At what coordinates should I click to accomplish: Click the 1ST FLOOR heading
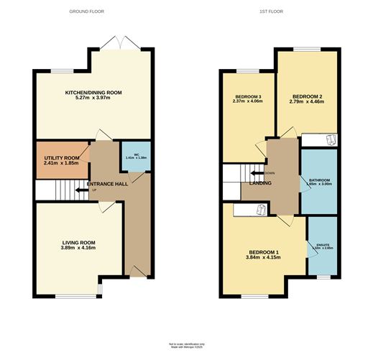pyautogui.click(x=277, y=12)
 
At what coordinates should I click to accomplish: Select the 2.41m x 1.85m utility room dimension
pyautogui.click(x=60, y=164)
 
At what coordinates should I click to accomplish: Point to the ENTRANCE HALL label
pyautogui.click(x=107, y=184)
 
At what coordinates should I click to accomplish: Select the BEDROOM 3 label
pyautogui.click(x=248, y=96)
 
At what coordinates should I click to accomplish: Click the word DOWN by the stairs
pyautogui.click(x=269, y=173)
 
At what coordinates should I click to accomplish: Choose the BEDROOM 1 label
pyautogui.click(x=263, y=252)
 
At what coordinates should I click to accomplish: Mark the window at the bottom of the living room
pyautogui.click(x=77, y=296)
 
